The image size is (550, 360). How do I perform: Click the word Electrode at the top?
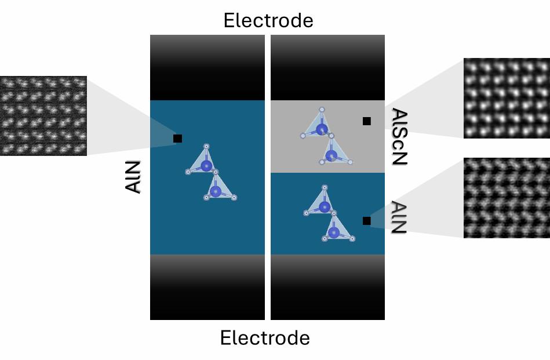click(x=268, y=20)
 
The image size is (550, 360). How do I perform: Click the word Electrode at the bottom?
click(x=265, y=337)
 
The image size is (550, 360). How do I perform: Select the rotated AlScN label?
click(x=399, y=137)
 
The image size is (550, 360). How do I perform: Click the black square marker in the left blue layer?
click(x=178, y=139)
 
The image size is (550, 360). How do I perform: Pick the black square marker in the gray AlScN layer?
click(x=367, y=121)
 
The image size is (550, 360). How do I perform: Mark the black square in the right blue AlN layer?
click(x=367, y=220)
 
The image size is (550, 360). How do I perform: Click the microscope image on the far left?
click(x=43, y=116)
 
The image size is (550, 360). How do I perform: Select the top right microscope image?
click(x=507, y=98)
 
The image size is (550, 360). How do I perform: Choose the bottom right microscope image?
click(x=507, y=198)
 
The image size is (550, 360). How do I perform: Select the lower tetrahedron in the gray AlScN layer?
click(x=333, y=151)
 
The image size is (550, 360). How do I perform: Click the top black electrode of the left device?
click(x=207, y=67)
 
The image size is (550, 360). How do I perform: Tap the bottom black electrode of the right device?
click(x=327, y=288)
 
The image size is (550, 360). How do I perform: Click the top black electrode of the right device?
click(x=327, y=67)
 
